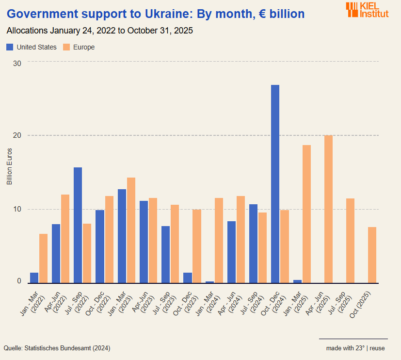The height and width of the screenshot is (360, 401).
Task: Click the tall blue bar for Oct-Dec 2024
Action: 275,184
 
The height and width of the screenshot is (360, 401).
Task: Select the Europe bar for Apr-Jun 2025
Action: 328,209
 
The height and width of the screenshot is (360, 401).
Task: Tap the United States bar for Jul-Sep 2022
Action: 78,225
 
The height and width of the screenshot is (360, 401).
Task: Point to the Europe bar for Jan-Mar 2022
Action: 43,258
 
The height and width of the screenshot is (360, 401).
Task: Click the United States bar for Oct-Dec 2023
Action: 187,278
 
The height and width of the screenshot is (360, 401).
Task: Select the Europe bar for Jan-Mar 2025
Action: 306,214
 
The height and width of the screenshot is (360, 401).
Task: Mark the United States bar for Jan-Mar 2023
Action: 122,236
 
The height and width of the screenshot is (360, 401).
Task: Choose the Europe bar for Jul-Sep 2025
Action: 350,241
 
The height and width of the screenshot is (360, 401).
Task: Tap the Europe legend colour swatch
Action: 67,47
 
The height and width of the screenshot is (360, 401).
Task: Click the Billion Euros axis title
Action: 9,166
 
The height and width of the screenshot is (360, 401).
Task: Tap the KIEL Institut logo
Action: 367,10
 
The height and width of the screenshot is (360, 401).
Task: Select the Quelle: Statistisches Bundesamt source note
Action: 57,348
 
